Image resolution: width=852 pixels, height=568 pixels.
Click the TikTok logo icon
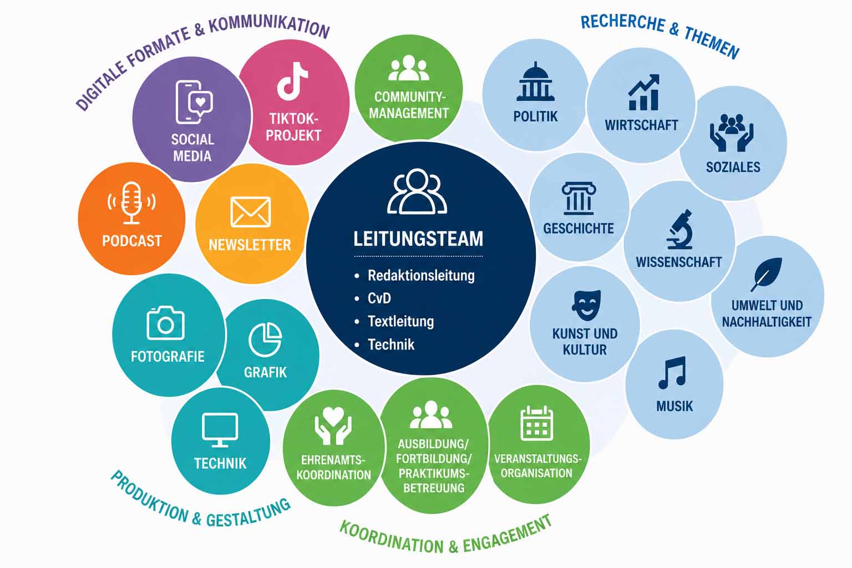click(x=292, y=81)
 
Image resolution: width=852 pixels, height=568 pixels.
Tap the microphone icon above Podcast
click(x=131, y=203)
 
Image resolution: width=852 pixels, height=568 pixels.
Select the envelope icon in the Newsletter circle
click(x=251, y=211)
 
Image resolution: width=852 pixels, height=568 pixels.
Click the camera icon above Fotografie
click(x=165, y=323)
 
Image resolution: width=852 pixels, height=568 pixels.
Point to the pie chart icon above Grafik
click(x=265, y=339)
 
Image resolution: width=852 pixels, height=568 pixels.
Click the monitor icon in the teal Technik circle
click(x=220, y=430)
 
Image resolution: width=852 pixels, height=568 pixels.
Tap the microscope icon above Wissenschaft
click(x=679, y=230)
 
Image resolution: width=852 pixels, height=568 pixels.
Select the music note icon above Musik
click(x=672, y=372)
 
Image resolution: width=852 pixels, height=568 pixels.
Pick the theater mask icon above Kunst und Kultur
click(x=586, y=305)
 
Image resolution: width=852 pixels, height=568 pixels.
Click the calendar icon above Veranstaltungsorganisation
click(x=536, y=423)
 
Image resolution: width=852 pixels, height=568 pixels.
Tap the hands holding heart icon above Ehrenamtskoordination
click(x=333, y=425)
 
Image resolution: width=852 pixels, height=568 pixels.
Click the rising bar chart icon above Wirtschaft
click(x=643, y=92)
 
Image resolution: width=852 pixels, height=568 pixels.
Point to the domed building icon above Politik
click(x=535, y=82)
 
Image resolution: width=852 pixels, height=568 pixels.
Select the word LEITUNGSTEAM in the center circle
click(x=418, y=239)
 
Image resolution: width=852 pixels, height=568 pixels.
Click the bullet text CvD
click(x=379, y=298)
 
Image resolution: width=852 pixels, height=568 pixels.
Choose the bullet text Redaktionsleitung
click(x=421, y=276)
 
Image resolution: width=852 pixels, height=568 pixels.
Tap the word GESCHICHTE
click(x=579, y=229)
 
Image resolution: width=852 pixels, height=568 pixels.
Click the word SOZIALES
click(x=733, y=167)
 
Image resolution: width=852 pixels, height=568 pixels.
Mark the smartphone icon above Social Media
click(x=194, y=102)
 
